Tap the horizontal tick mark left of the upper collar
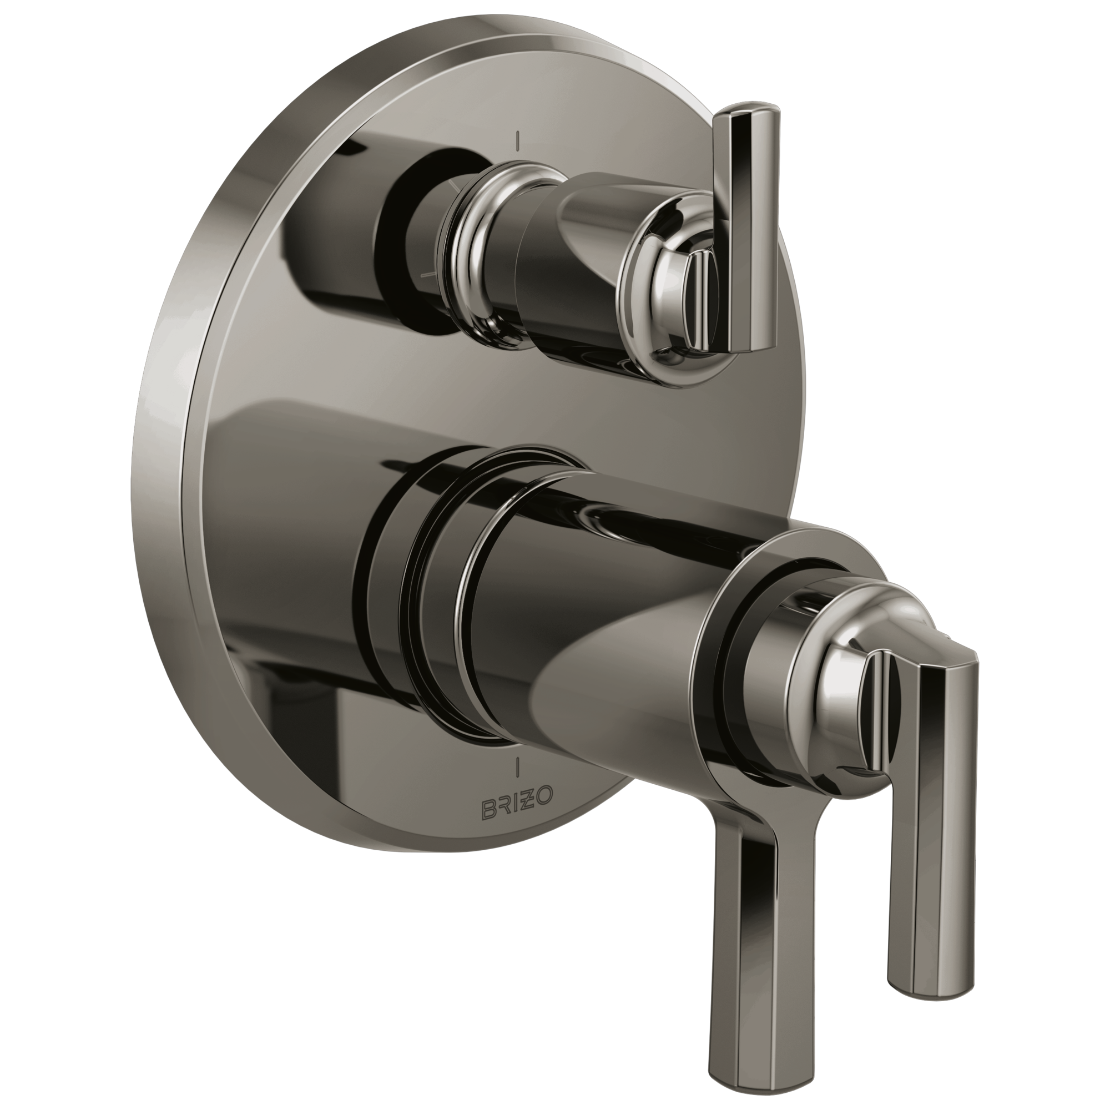[x=429, y=275]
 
